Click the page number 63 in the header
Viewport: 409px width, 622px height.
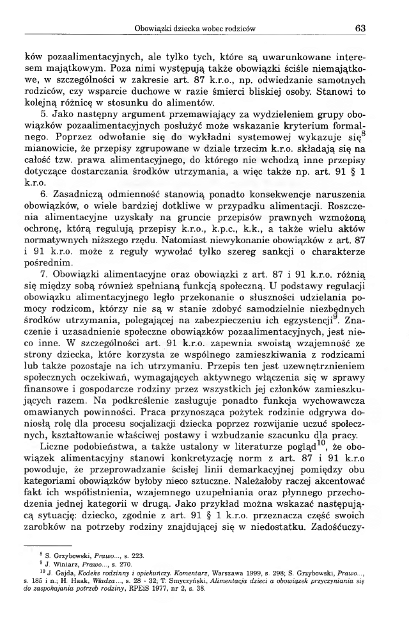[359, 28]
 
